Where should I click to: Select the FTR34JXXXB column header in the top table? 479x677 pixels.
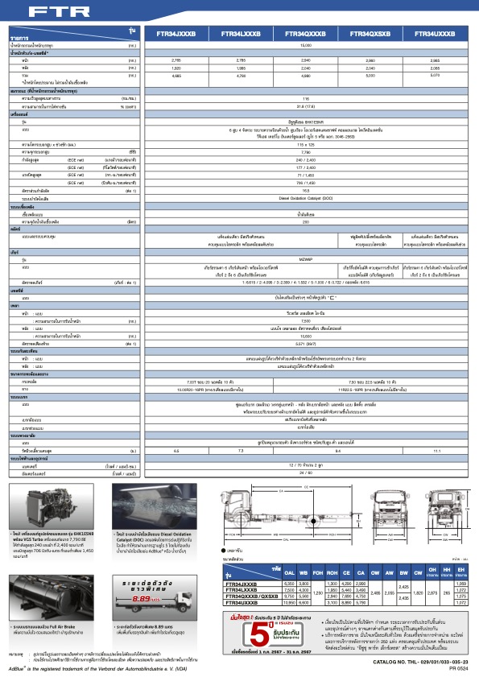(175, 35)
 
